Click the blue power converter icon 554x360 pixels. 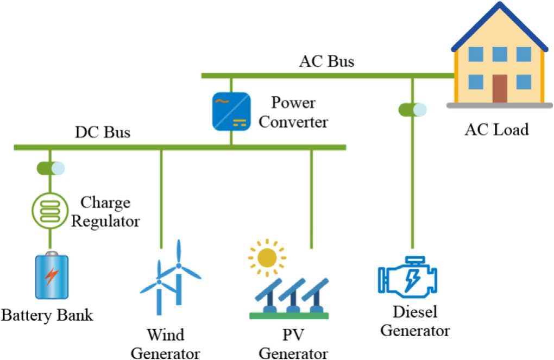coord(231,111)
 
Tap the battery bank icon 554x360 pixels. coord(52,275)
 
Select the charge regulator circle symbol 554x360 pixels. coord(50,211)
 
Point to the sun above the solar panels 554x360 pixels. coord(267,257)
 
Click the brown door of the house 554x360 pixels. coord(500,89)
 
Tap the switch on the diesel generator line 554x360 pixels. coord(412,110)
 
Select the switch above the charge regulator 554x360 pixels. coord(51,168)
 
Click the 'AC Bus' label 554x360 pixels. coord(326,61)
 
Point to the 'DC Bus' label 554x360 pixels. coord(103,132)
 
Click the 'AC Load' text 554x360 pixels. coord(496,129)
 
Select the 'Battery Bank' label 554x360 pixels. coord(47,315)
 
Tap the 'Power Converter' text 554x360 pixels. coord(293,112)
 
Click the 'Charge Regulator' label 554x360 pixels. coord(105,212)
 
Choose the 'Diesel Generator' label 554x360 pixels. coord(415,321)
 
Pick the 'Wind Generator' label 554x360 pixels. coord(165,344)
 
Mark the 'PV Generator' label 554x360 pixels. coord(293,344)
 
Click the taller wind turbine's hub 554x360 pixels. coord(179,266)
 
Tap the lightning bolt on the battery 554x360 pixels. coord(52,276)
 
